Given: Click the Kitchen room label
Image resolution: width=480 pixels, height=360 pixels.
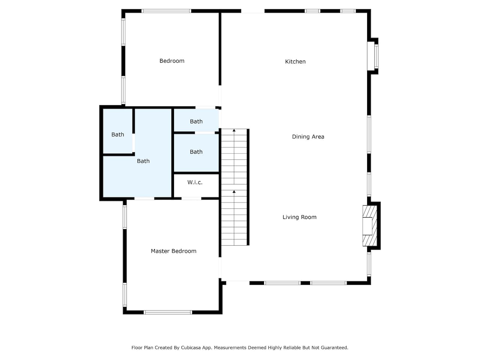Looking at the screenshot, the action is (x=295, y=61).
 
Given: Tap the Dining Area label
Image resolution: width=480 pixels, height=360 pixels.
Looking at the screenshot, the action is (x=308, y=137).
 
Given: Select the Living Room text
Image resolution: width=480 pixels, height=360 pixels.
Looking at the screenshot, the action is (x=299, y=217).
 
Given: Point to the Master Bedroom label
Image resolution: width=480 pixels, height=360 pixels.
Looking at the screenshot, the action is (x=174, y=251).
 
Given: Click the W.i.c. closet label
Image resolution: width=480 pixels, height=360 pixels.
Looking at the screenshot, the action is (x=195, y=182).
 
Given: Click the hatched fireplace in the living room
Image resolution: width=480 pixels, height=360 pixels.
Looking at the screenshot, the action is (x=370, y=226).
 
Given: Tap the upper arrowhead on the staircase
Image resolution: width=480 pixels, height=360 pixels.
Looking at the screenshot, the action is (x=234, y=130).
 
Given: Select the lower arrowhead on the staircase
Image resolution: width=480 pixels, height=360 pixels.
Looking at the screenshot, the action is (x=234, y=192).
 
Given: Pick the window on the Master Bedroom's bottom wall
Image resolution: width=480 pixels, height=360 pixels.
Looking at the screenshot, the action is (x=168, y=312).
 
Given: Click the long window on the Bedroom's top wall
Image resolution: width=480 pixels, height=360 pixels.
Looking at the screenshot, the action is (x=166, y=11).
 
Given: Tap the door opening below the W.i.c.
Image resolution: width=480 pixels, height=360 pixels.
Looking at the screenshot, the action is (x=191, y=198).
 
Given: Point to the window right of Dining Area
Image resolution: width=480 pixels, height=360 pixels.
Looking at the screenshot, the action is (x=369, y=135).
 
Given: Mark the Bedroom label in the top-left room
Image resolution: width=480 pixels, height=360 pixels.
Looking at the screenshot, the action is (x=172, y=61).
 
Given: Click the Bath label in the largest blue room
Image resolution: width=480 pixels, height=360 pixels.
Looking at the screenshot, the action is (x=143, y=161).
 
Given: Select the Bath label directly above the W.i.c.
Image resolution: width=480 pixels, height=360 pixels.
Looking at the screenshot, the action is (x=196, y=152).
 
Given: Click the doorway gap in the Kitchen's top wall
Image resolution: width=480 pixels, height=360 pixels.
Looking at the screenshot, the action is (x=253, y=11).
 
